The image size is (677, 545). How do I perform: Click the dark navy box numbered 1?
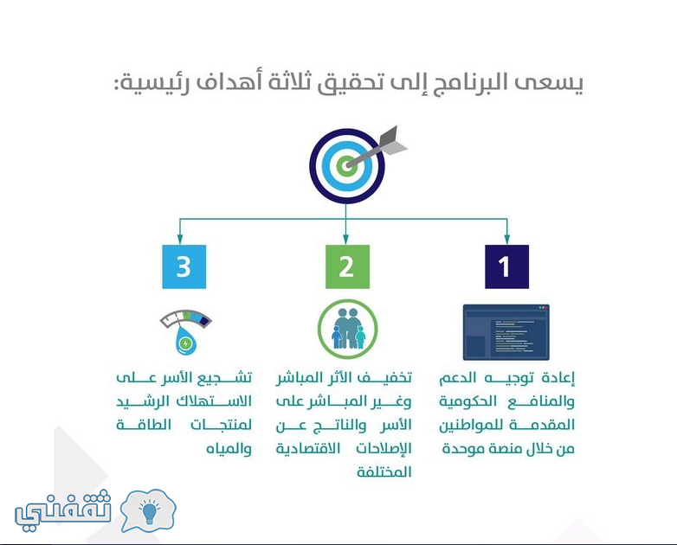click(x=507, y=266)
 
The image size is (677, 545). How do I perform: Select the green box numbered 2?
click(x=347, y=266)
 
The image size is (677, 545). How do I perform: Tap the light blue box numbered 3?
click(x=184, y=266)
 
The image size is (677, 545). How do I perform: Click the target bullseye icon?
click(x=346, y=166)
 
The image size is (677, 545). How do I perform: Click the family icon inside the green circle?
click(x=347, y=329)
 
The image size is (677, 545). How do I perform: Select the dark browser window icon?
click(x=506, y=332)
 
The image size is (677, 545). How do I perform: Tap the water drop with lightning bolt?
click(x=185, y=340)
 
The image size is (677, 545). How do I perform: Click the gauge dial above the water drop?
click(x=185, y=318)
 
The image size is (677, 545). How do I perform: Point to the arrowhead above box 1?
click(x=507, y=240)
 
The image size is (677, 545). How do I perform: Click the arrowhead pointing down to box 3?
click(x=180, y=240)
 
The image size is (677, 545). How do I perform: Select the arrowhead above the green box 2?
click(x=345, y=240)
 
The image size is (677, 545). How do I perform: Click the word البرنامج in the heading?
click(x=463, y=83)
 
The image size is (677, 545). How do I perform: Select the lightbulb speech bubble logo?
click(x=148, y=511)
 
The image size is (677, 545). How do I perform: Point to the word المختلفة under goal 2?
click(x=384, y=471)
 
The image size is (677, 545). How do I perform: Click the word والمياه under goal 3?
click(x=229, y=449)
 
